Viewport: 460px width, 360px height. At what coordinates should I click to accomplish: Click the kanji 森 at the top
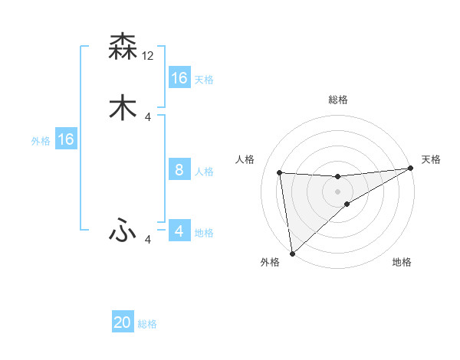pyautogui.click(x=123, y=47)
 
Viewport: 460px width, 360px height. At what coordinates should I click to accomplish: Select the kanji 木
pyautogui.click(x=123, y=107)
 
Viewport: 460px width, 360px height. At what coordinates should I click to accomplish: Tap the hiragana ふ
pyautogui.click(x=123, y=230)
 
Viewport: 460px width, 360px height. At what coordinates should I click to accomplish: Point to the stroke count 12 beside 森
pyautogui.click(x=148, y=55)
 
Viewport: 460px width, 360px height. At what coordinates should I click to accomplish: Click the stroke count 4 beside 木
pyautogui.click(x=148, y=116)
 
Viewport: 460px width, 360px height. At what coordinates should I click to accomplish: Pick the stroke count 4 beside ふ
pyautogui.click(x=148, y=240)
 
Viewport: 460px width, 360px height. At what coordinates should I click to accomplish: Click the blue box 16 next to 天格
pyautogui.click(x=179, y=77)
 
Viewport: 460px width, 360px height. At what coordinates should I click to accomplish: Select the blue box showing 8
pyautogui.click(x=179, y=169)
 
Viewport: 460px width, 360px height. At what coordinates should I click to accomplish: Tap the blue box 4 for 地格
pyautogui.click(x=179, y=231)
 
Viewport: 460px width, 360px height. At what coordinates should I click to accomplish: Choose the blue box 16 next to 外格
pyautogui.click(x=66, y=139)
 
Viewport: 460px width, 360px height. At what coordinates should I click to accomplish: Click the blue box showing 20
pyautogui.click(x=123, y=322)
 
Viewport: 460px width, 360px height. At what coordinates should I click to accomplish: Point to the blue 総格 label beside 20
pyautogui.click(x=147, y=324)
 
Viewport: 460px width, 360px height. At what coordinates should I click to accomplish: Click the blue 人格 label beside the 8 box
pyautogui.click(x=203, y=171)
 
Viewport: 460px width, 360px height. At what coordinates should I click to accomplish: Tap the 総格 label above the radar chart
pyautogui.click(x=338, y=100)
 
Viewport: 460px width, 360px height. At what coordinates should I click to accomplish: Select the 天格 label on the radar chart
pyautogui.click(x=431, y=159)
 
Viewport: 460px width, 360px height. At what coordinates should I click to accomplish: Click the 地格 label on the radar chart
pyautogui.click(x=402, y=262)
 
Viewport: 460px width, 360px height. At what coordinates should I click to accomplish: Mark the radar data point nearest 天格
pyautogui.click(x=410, y=169)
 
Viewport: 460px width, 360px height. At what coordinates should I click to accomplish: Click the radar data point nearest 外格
pyautogui.click(x=292, y=253)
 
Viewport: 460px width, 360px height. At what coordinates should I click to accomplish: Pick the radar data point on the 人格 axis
pyautogui.click(x=280, y=172)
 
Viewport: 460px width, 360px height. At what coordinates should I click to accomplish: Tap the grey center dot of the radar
pyautogui.click(x=338, y=191)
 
